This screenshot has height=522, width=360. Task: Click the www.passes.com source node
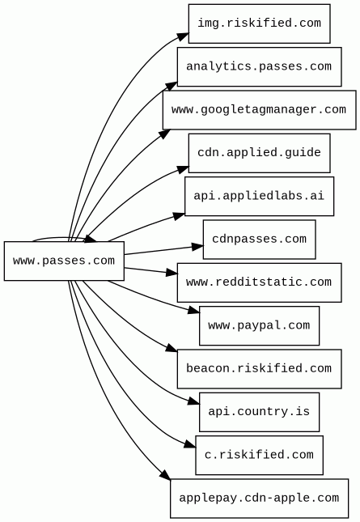[64, 261]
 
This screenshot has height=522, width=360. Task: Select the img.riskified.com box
[259, 23]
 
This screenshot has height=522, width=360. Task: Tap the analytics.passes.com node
[259, 66]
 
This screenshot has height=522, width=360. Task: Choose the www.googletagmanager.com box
[259, 110]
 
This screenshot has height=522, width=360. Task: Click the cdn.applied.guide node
[259, 153]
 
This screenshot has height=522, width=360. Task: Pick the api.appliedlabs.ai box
[259, 196]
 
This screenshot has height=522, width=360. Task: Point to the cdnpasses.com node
[259, 240]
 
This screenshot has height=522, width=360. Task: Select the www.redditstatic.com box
[259, 282]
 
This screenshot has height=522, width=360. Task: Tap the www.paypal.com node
[259, 325]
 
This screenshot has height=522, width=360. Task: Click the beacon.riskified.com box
[259, 369]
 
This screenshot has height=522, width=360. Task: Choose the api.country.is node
[259, 412]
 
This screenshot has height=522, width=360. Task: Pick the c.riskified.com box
[259, 455]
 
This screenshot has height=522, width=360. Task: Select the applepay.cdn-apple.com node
[259, 499]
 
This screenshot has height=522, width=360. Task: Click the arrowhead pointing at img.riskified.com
[183, 36]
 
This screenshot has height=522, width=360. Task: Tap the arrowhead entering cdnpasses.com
[197, 246]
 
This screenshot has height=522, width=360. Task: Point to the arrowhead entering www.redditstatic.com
[172, 273]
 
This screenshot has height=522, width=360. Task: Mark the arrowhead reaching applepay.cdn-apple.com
[165, 474]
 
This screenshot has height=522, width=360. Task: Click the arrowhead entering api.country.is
[193, 401]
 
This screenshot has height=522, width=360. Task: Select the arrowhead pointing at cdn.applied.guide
[183, 169]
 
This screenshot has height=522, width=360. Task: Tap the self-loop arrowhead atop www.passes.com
[91, 239]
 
